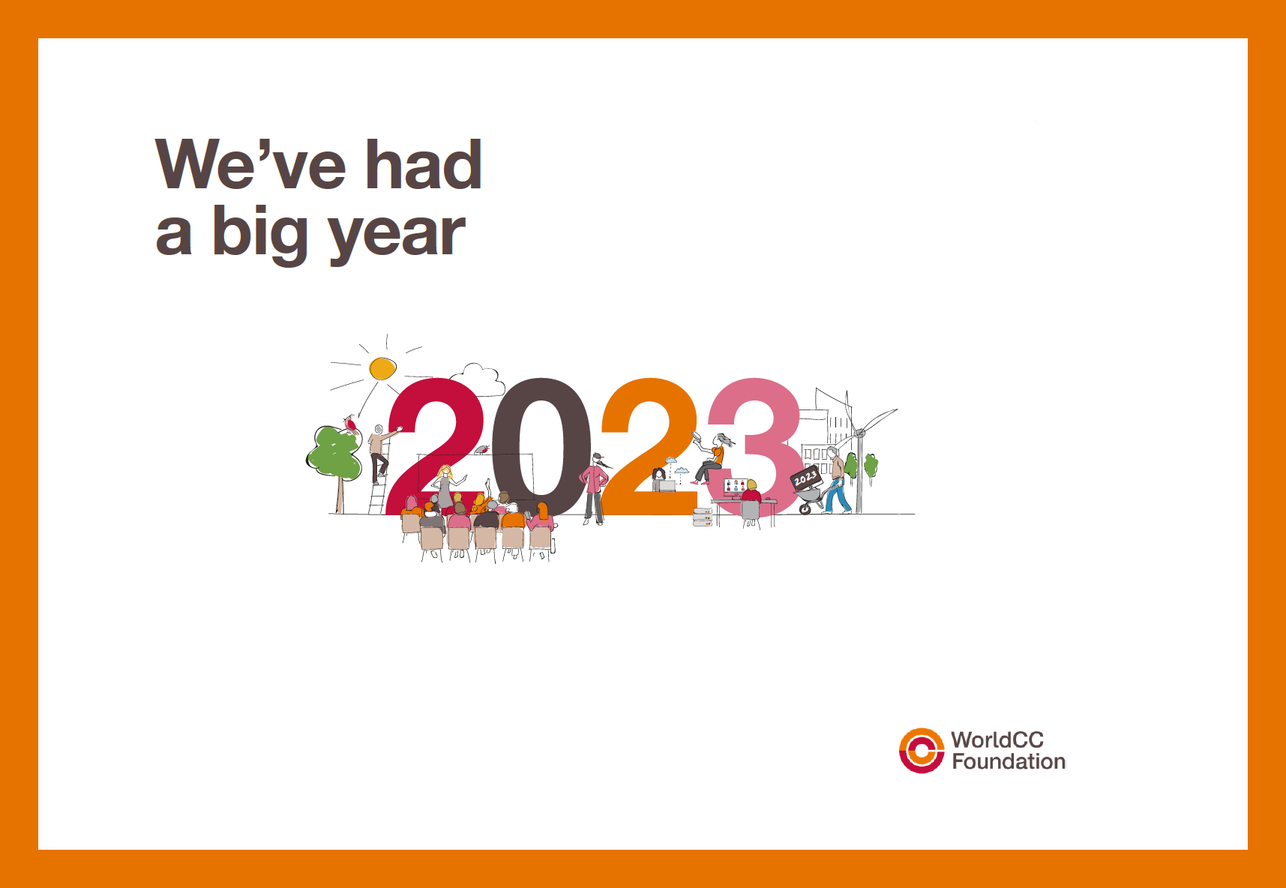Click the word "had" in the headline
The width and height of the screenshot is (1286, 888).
click(423, 164)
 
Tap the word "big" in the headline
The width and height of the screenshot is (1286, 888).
click(259, 234)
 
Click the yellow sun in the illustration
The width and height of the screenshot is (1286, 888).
click(382, 368)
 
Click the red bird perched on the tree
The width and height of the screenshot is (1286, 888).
click(349, 425)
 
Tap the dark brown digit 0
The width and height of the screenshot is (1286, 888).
click(541, 446)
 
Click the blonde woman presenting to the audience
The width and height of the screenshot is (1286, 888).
click(446, 487)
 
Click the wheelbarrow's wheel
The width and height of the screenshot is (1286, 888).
click(805, 508)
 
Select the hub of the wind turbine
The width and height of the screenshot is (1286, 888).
click(859, 433)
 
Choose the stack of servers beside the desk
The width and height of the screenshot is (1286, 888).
click(703, 517)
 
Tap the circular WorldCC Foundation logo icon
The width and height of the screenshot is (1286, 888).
click(922, 751)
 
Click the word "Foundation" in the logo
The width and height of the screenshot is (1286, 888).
click(1009, 762)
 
